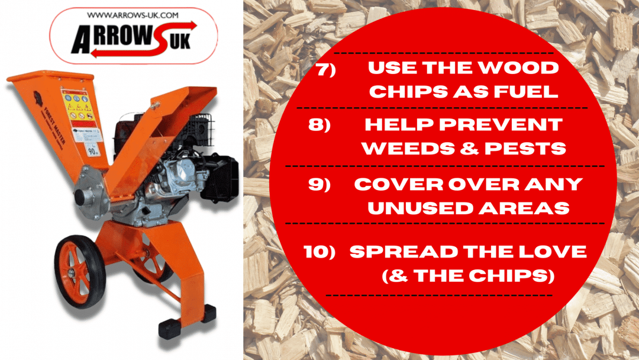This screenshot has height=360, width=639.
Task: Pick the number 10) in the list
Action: pos(319,252)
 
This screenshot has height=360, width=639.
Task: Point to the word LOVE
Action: pos(555,252)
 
